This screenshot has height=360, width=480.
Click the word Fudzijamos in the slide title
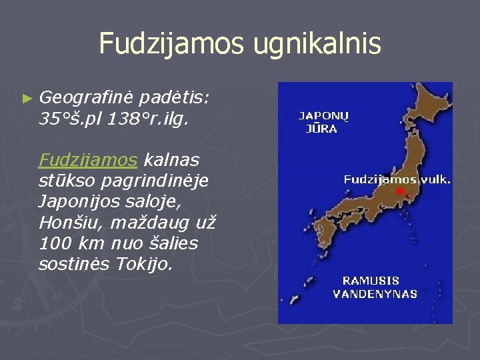[171, 43]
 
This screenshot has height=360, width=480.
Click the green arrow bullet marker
[27, 99]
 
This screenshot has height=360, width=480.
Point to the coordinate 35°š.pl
[71, 119]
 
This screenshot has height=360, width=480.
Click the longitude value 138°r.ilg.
[147, 119]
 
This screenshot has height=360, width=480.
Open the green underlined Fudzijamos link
[88, 160]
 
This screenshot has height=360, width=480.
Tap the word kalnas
[171, 160]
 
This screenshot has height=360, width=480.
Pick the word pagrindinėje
[155, 181]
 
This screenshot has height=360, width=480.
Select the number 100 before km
[56, 243]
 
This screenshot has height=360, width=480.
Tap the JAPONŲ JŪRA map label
[323, 123]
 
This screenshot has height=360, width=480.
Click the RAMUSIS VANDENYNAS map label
[375, 287]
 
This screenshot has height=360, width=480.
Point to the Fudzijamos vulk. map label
[397, 179]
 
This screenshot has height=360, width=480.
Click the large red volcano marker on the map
[400, 191]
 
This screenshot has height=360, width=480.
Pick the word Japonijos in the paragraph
[79, 202]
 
